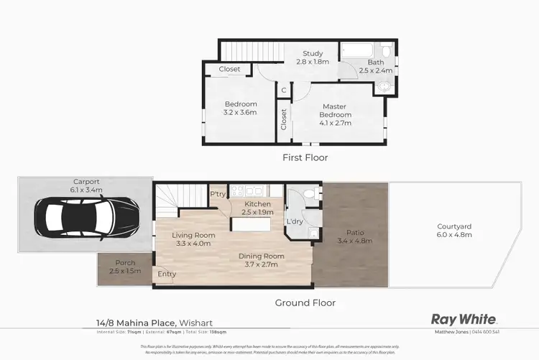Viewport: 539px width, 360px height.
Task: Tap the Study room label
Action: [x=312, y=53]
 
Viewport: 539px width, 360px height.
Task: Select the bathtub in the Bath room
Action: [x=357, y=51]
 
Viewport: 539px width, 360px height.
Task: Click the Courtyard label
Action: [x=454, y=227]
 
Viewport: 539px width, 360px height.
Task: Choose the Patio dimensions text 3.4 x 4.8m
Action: [x=354, y=241]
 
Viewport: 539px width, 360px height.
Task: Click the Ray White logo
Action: [x=463, y=319]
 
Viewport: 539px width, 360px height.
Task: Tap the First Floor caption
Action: [x=304, y=157]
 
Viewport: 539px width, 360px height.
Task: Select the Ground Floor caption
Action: [x=305, y=303]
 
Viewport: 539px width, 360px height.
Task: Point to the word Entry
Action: [x=167, y=274]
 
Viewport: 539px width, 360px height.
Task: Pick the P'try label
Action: [x=218, y=194]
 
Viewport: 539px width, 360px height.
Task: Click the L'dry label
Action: [x=295, y=221]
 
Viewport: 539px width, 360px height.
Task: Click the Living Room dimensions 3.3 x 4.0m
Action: [x=194, y=243]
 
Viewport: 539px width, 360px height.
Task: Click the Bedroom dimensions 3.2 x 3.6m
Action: [x=240, y=112]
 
